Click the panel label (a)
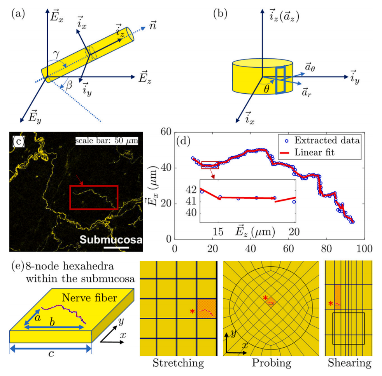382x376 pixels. [18, 14]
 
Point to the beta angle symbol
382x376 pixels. [69, 85]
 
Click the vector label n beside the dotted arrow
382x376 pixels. [153, 25]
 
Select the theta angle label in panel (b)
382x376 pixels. [266, 89]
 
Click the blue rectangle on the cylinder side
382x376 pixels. [280, 80]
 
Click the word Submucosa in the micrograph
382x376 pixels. [111, 240]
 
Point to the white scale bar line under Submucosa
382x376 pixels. [116, 248]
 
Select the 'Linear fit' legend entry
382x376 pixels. [307, 152]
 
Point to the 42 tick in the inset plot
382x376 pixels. [191, 190]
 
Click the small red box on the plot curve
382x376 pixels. [210, 165]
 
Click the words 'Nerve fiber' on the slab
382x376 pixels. [89, 297]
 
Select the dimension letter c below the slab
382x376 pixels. [51, 353]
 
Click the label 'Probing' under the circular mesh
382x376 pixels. [272, 363]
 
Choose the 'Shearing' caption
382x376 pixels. [350, 363]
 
